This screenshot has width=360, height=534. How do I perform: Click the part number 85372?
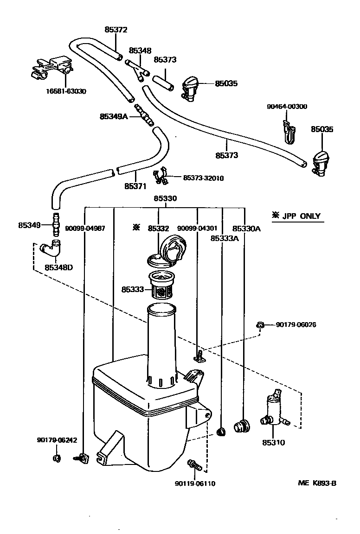(116, 30)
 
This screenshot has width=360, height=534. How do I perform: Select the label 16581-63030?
(66, 91)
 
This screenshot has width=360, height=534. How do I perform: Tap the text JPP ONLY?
(302, 216)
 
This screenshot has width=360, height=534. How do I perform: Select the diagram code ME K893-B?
(317, 483)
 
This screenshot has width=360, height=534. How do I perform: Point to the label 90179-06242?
(57, 440)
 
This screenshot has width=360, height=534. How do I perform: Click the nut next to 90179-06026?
(260, 325)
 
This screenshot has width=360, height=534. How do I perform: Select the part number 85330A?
(246, 229)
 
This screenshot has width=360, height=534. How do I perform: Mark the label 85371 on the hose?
(135, 186)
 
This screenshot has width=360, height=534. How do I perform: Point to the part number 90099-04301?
(197, 228)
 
